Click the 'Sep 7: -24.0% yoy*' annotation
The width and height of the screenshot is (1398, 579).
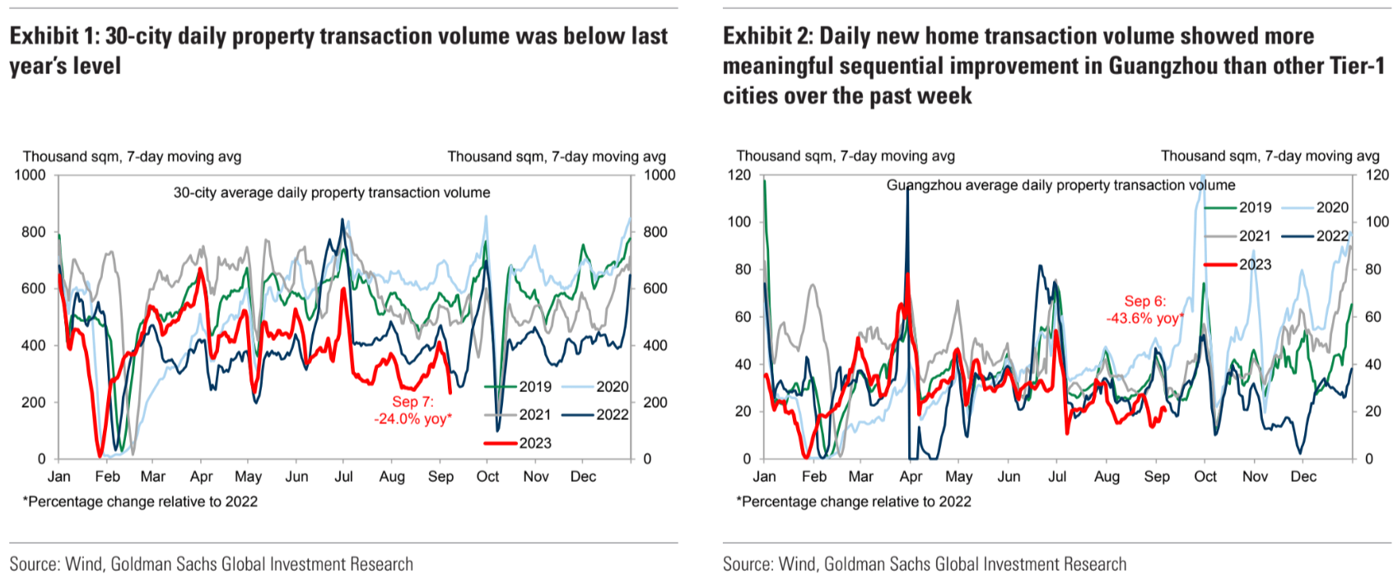pos(412,410)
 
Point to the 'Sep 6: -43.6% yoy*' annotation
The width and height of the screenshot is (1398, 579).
pos(1144,310)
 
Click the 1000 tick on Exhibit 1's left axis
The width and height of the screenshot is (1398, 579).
pos(30,175)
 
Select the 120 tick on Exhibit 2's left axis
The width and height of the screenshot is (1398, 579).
pos(740,175)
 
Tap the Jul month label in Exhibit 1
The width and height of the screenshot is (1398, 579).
pos(343,476)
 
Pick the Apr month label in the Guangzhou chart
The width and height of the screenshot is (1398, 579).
pos(911,476)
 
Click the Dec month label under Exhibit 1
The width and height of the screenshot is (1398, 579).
pos(583,476)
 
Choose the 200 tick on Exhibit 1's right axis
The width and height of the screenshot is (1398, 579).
pos(655,403)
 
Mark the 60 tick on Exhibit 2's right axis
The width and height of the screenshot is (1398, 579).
pos(1373,317)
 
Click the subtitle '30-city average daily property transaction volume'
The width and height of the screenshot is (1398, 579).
pos(331,193)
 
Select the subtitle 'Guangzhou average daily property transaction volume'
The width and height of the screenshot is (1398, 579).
pos(1060,185)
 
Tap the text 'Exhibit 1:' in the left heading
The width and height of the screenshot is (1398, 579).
pos(54,36)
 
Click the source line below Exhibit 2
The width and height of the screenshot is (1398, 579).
pos(924,564)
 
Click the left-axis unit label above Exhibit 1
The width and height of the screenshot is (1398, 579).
pos(132,156)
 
